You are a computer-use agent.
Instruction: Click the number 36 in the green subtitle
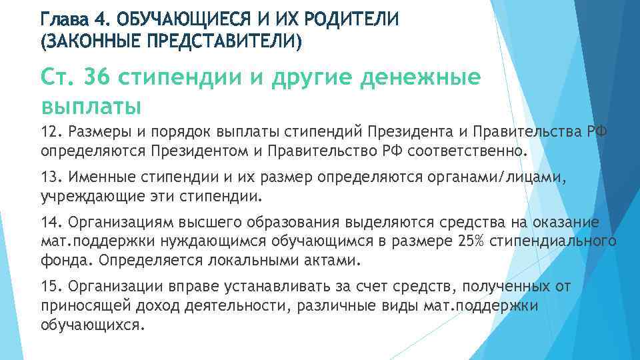pos(99,78)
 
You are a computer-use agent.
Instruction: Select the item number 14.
pos(50,222)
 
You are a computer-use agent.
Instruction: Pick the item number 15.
pos(50,286)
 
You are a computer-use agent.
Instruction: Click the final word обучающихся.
pos(91,325)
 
